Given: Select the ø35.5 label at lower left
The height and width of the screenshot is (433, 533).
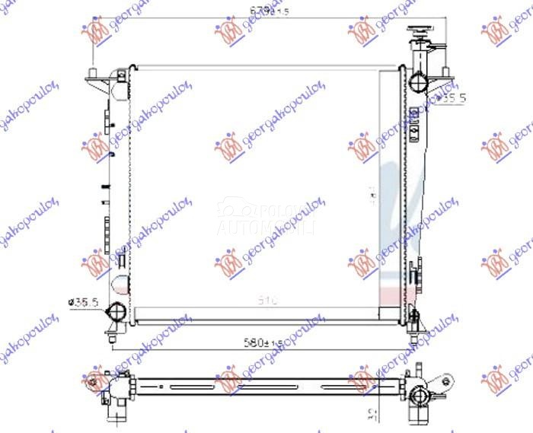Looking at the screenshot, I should coord(85,303).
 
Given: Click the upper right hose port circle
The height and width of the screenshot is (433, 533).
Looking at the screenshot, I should coord(418,81).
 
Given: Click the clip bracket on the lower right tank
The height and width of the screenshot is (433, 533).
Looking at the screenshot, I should coord(416,275).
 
